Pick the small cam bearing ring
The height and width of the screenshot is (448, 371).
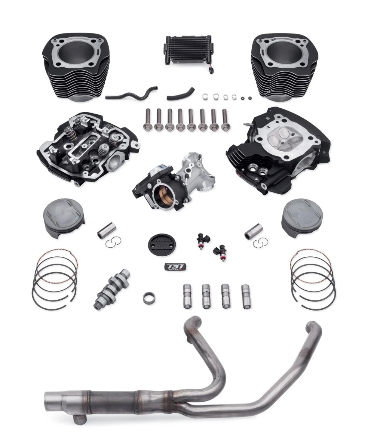pos(148,298)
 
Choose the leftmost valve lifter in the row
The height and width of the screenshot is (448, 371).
pos(188,296)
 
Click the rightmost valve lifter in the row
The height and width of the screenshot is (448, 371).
pos(246,296)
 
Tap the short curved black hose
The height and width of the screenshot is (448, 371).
pos(181,95)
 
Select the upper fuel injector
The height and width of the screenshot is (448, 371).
pos(203,240)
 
